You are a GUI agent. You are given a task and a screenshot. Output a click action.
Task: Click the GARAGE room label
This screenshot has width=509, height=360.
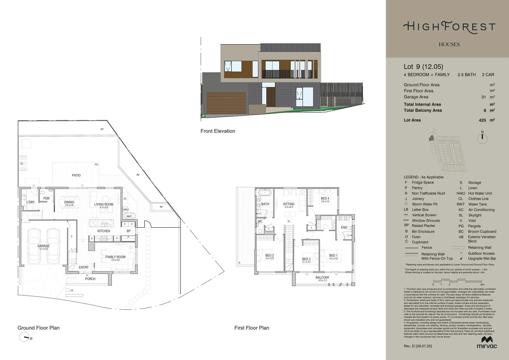coord(43,246)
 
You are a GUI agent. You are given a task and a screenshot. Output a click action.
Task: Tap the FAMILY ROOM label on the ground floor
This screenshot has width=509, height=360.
coord(115,257)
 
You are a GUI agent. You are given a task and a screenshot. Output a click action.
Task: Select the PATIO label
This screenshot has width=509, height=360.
coord(76,175)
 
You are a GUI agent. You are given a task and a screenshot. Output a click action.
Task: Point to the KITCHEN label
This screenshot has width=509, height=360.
coord(104,231)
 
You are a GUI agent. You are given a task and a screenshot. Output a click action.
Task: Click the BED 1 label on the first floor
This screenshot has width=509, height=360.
coord(333,256)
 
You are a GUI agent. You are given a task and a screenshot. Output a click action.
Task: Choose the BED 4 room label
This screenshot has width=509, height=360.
coord(325,199)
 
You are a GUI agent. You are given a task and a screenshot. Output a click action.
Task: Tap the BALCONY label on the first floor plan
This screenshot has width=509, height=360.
coord(322,278)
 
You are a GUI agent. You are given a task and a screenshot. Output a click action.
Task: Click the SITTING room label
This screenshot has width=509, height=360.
coord(288,204)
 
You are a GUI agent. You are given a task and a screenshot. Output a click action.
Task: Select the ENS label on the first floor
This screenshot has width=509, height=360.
coord(344,227)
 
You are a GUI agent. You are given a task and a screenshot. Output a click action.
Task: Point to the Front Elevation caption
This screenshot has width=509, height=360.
coord(218,131)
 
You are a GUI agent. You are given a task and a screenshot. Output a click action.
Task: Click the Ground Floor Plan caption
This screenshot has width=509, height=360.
coord(38,328)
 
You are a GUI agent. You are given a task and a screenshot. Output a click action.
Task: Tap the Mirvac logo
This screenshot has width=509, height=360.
coord(487,342)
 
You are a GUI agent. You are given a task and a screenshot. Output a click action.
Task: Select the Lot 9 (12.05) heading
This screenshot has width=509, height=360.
coord(423,67)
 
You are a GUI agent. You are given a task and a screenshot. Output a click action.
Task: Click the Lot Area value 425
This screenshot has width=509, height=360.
coord(482,120)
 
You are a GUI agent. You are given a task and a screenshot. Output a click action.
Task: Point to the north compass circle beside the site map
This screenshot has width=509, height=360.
coord(482,138)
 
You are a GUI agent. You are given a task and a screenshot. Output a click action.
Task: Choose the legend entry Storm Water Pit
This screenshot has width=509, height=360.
coord(424,204)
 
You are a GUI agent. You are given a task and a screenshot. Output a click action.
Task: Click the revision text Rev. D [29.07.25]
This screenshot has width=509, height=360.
coord(418,346)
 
